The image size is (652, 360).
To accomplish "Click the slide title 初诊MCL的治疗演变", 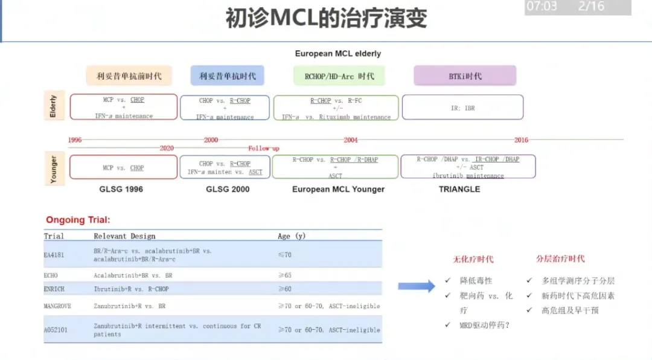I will (x=326, y=19).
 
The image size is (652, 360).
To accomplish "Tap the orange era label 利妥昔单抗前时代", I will (x=129, y=76).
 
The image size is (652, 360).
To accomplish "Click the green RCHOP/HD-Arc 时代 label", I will (x=339, y=76).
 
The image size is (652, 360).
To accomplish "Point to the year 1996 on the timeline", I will (x=75, y=140).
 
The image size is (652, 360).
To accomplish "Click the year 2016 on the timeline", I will (x=521, y=140).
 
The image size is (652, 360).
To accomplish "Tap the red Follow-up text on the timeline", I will (x=264, y=148).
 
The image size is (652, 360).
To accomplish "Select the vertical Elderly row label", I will (x=53, y=106).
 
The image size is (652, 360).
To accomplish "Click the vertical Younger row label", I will (x=54, y=169).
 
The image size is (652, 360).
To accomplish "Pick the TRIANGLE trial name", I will (x=459, y=189).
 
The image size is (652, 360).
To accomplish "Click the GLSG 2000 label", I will (x=228, y=189).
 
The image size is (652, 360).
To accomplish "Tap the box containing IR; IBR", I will (x=462, y=108).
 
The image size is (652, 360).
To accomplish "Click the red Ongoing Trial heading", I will (x=78, y=220).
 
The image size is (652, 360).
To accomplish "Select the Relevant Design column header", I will (x=124, y=236).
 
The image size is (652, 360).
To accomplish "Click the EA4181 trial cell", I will (x=54, y=255).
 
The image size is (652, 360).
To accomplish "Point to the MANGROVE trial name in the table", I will (x=57, y=306).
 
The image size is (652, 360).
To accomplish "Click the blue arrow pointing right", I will (x=417, y=286).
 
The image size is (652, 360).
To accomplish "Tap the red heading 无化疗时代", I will (x=473, y=259).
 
